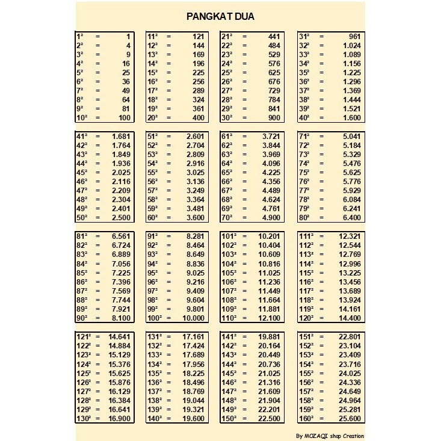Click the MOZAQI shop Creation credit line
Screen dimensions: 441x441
click(x=330, y=436)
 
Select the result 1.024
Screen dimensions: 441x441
click(x=351, y=46)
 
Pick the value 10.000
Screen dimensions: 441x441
click(x=192, y=318)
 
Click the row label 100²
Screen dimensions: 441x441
click(x=156, y=318)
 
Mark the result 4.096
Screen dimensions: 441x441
click(x=268, y=163)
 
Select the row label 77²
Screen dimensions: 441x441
click(x=304, y=190)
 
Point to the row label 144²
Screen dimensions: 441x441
click(x=229, y=364)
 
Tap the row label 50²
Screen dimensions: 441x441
click(x=81, y=217)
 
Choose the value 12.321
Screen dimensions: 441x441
click(x=350, y=236)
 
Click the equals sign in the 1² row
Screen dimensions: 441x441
click(x=97, y=37)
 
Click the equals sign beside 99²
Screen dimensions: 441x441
click(x=169, y=309)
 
